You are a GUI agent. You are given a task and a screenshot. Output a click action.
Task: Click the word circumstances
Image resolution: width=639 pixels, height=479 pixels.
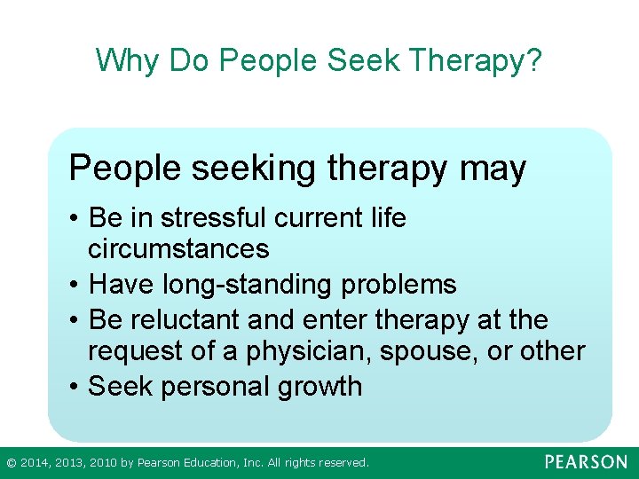(x=178, y=248)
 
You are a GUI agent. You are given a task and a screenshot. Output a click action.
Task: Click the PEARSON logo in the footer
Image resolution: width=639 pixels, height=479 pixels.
(x=586, y=462)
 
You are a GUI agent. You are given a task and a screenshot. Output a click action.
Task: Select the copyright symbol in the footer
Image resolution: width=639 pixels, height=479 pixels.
(x=11, y=463)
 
